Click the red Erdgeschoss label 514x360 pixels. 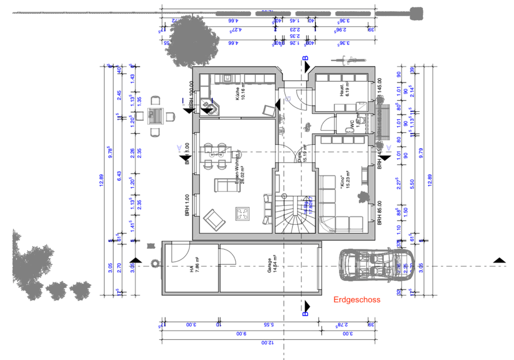tap(357, 300)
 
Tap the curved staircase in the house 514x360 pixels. tap(294, 211)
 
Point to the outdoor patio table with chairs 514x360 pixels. tap(155, 116)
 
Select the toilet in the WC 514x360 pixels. tap(362, 120)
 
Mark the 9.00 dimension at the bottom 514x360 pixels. tap(241, 333)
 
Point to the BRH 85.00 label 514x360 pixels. tap(379, 212)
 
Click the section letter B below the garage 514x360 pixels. tap(305, 313)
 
